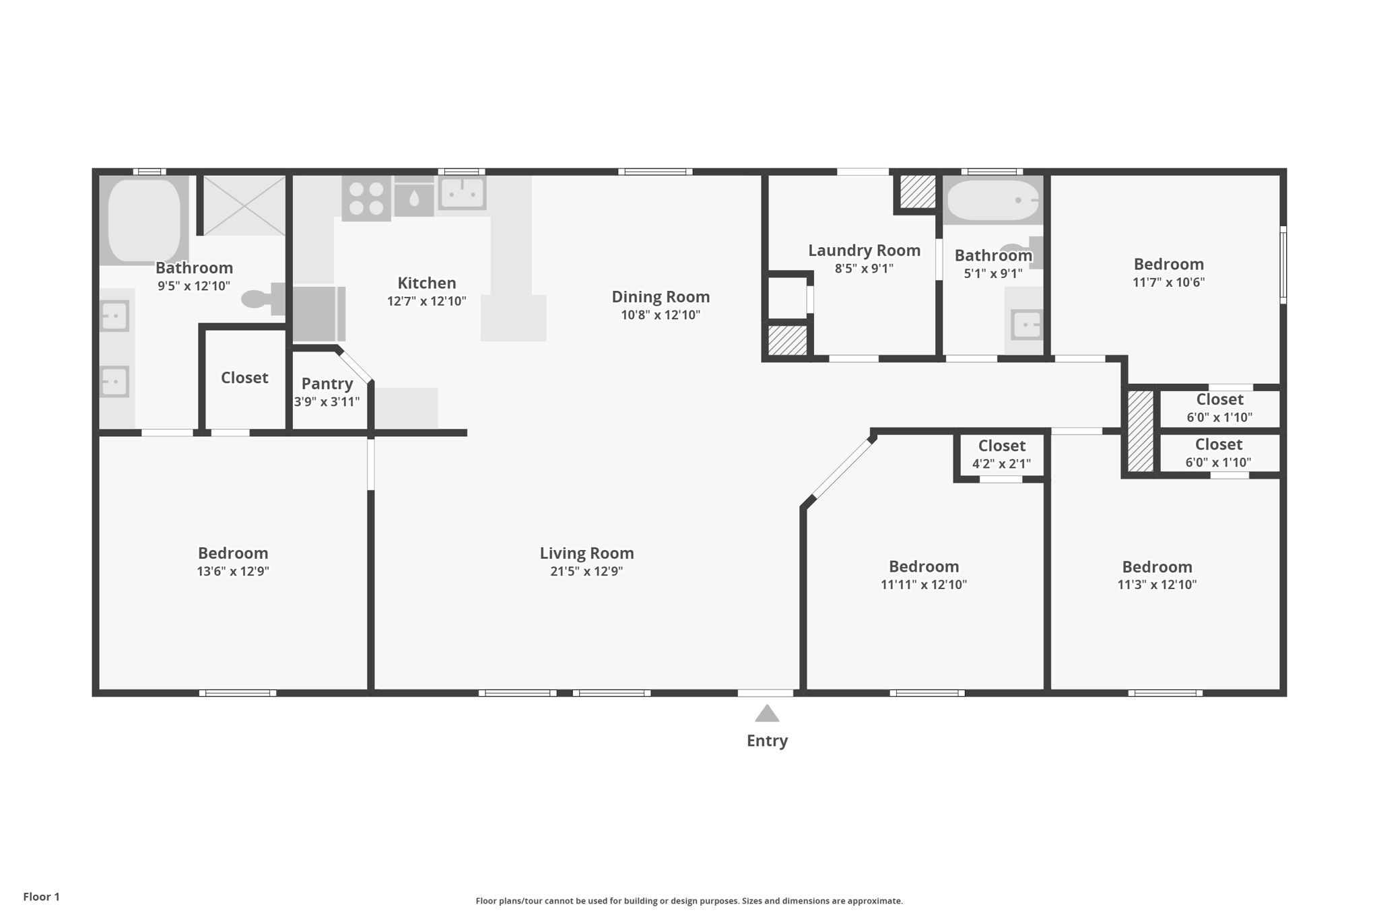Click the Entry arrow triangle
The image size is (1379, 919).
(767, 713)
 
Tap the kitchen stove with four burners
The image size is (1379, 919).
(366, 199)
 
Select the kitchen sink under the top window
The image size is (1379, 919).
(463, 193)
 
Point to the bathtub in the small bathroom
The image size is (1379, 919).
(993, 201)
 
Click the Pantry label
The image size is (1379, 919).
(327, 384)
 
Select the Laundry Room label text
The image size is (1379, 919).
(864, 250)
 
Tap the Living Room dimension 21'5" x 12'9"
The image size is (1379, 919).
(586, 572)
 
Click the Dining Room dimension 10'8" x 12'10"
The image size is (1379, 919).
(661, 315)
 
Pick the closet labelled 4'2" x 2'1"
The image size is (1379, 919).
(1002, 454)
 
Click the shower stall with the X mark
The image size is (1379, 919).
(244, 205)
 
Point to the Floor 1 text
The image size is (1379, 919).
(42, 897)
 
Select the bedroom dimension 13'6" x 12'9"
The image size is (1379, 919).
(233, 572)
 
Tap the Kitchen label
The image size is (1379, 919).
(427, 283)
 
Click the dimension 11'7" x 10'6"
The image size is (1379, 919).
(1168, 282)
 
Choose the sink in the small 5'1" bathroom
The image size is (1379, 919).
(1026, 325)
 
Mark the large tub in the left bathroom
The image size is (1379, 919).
(144, 220)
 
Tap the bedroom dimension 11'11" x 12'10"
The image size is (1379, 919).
(924, 584)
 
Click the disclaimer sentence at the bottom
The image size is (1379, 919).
(689, 901)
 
